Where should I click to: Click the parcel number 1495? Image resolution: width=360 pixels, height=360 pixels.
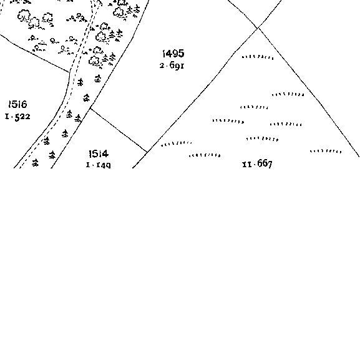[173, 54]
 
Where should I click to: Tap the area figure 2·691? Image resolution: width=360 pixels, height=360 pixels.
[172, 66]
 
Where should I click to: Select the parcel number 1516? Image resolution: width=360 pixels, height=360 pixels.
[17, 104]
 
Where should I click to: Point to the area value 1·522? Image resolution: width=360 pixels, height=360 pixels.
[17, 117]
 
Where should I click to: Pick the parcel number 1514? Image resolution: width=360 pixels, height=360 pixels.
[99, 154]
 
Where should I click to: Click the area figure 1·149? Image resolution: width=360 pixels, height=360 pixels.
[98, 165]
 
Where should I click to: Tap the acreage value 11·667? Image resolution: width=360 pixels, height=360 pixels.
[258, 164]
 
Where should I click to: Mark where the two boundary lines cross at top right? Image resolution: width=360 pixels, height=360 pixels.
[258, 27]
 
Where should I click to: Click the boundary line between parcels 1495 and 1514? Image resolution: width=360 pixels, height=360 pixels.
[119, 130]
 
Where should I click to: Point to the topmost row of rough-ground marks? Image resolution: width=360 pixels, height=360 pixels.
[258, 57]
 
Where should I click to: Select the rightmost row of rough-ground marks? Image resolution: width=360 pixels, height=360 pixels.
[326, 151]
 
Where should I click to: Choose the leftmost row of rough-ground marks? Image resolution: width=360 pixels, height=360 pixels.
[177, 144]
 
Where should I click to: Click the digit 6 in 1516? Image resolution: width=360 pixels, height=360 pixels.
[24, 104]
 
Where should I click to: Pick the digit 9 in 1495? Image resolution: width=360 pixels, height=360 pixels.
[174, 54]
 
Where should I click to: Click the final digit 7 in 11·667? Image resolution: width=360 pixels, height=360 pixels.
[270, 164]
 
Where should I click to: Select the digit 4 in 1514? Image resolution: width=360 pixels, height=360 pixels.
[105, 154]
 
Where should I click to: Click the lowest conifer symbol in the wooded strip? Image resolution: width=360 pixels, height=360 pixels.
[35, 163]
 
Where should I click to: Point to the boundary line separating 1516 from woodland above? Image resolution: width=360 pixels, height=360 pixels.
[34, 53]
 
